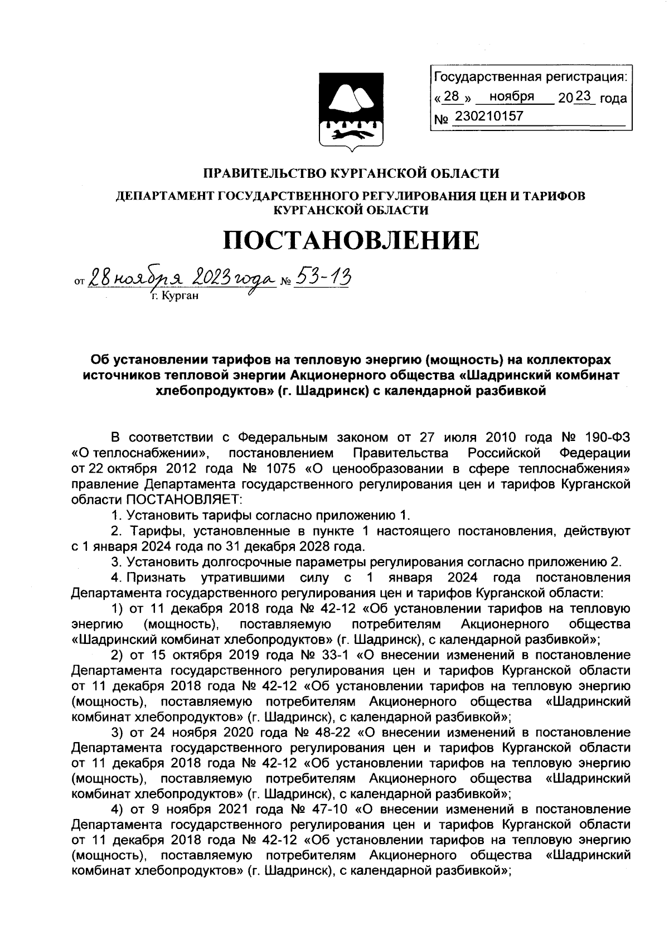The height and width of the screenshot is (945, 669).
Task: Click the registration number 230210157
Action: [x=489, y=117]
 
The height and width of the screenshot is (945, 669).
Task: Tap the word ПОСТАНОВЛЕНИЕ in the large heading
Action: [x=351, y=240]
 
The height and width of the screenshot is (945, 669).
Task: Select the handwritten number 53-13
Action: [x=322, y=276]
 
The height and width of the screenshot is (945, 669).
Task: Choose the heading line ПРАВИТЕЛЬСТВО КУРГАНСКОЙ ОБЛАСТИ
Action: [x=350, y=173]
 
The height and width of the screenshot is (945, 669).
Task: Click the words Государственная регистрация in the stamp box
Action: [x=530, y=76]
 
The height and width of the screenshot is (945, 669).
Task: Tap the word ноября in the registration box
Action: [x=512, y=96]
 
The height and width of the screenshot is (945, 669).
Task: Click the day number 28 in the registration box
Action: [x=452, y=96]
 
